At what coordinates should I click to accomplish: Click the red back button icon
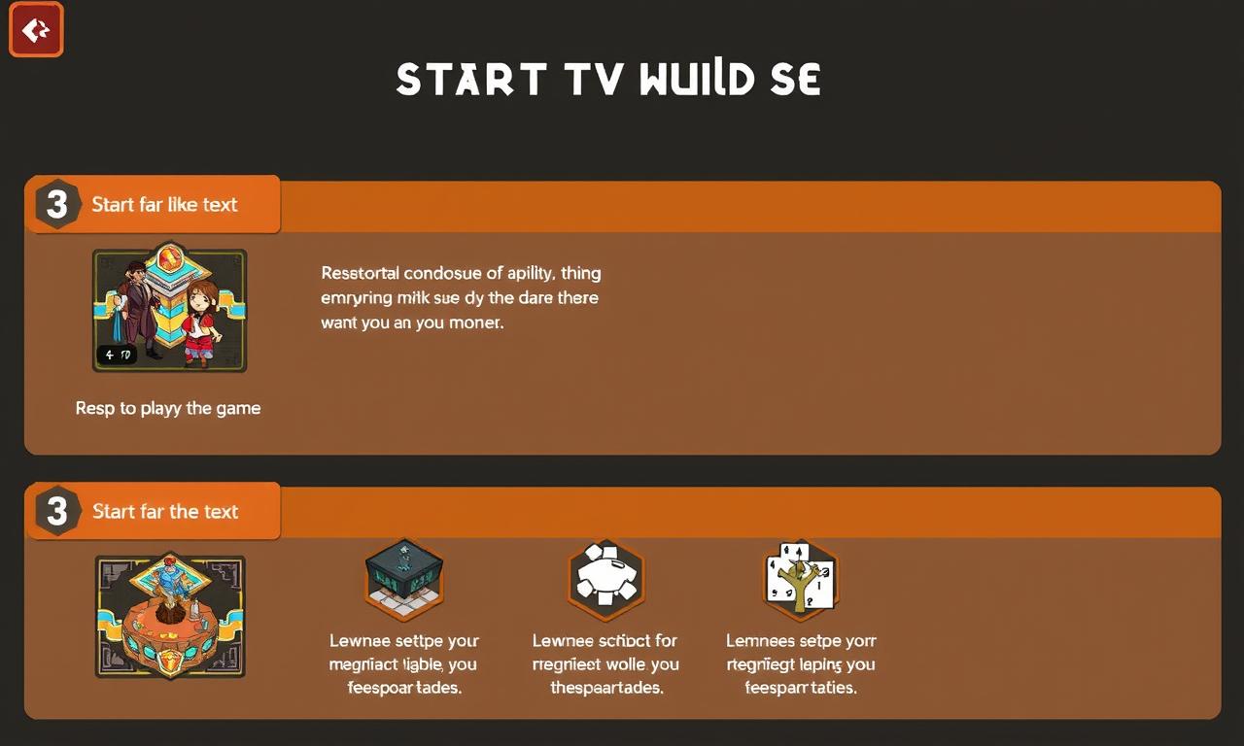tap(36, 29)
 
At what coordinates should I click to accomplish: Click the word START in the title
tap(469, 80)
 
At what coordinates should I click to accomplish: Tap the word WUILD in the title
tap(697, 80)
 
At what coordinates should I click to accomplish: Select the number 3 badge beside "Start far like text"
tap(57, 205)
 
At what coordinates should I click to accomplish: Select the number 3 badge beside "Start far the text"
tap(57, 512)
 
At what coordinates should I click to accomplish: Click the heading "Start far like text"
tap(164, 205)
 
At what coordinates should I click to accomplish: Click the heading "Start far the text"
tap(164, 512)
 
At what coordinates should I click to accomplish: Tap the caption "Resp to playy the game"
tap(168, 408)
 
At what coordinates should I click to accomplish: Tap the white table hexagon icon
tap(605, 580)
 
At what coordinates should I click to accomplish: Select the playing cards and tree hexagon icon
tap(800, 580)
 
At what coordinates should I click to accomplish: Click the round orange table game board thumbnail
tap(170, 617)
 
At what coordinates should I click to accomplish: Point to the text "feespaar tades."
tap(404, 688)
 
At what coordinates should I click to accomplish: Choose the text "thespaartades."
tap(606, 688)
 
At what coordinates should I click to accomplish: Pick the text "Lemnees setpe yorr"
tap(801, 641)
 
